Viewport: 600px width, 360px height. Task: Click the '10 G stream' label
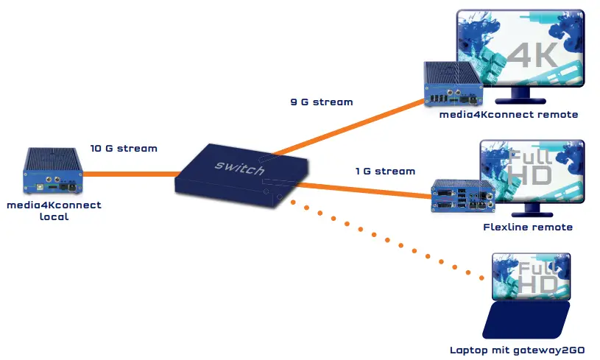click(x=124, y=148)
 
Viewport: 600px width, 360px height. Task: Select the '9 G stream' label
click(x=321, y=102)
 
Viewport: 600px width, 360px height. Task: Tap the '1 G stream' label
click(x=385, y=171)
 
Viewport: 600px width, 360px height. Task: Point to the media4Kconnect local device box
click(x=52, y=172)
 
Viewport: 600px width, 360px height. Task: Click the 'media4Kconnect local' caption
click(x=54, y=211)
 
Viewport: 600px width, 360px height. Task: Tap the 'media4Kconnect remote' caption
click(x=508, y=115)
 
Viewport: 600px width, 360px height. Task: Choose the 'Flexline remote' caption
click(x=527, y=227)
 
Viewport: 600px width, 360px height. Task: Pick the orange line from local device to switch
click(x=129, y=174)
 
